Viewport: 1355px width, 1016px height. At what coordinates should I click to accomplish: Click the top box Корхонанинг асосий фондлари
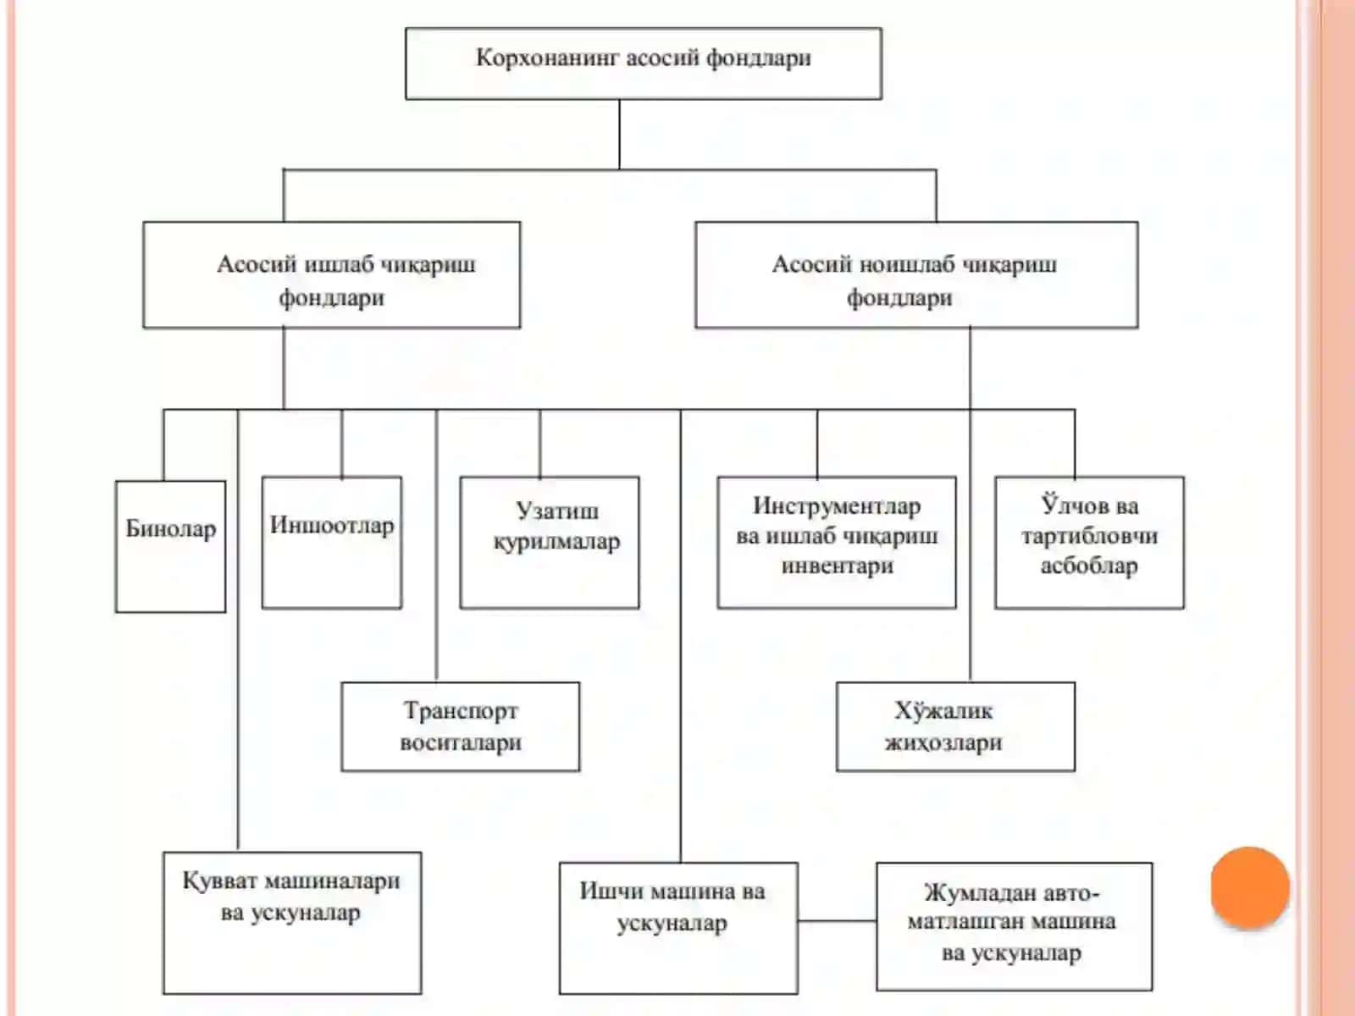tap(644, 63)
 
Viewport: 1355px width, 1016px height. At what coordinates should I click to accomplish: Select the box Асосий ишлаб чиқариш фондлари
tap(331, 274)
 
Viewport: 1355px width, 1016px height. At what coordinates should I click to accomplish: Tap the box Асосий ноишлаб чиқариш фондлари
tap(916, 274)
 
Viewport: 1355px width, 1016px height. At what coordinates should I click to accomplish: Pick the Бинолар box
tap(170, 547)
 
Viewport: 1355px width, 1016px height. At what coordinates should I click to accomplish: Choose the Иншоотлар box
tap(332, 543)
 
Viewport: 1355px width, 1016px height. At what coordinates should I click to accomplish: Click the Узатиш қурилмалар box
tap(550, 543)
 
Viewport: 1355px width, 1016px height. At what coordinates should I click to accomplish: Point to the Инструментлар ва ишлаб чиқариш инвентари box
tap(837, 543)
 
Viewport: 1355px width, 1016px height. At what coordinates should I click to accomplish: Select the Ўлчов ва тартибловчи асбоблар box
tap(1090, 543)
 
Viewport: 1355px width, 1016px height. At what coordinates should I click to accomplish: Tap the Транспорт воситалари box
tap(461, 726)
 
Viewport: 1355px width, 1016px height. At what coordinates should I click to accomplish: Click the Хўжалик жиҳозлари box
tap(955, 726)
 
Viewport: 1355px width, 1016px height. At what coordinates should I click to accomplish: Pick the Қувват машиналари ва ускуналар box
tap(293, 924)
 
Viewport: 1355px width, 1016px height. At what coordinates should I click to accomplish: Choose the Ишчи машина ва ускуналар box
tap(678, 929)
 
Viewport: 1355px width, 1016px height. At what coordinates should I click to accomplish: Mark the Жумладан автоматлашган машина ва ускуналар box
tap(1015, 926)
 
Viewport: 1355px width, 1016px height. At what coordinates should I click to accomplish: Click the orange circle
tap(1250, 887)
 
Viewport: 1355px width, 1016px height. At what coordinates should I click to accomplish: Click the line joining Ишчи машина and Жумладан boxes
tap(837, 921)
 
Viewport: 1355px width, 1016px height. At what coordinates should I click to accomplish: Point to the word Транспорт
tap(461, 710)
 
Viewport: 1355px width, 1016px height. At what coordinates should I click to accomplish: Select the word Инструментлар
tap(837, 505)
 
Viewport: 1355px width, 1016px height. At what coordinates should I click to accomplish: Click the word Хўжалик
tap(943, 710)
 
